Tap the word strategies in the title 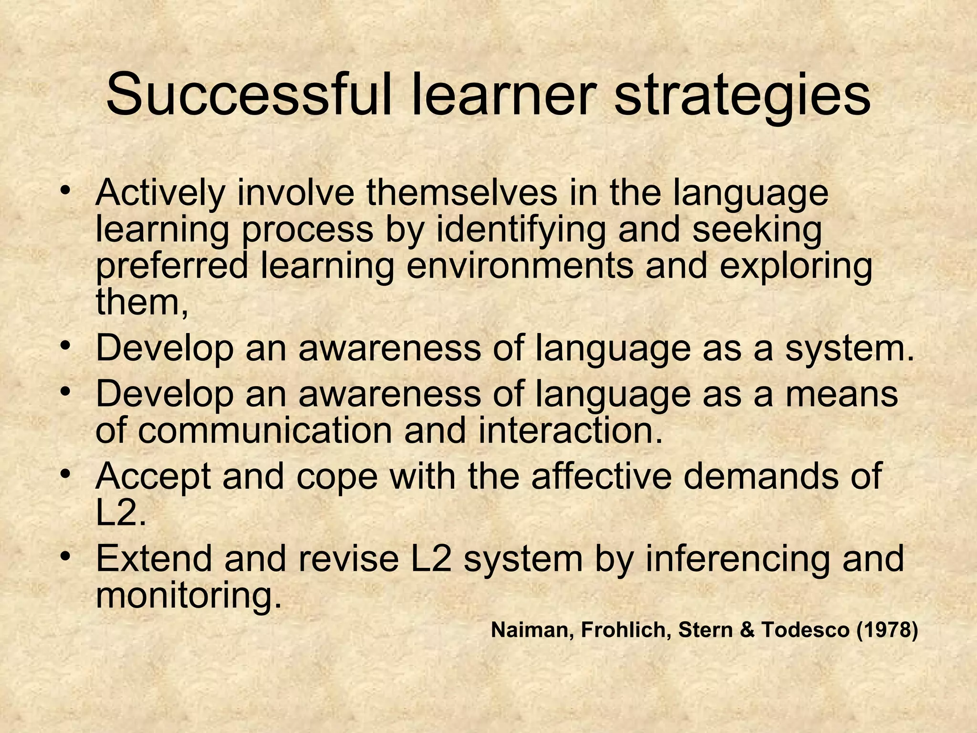click(742, 95)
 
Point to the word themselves click(461, 193)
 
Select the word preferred click(172, 267)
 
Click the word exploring click(795, 267)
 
